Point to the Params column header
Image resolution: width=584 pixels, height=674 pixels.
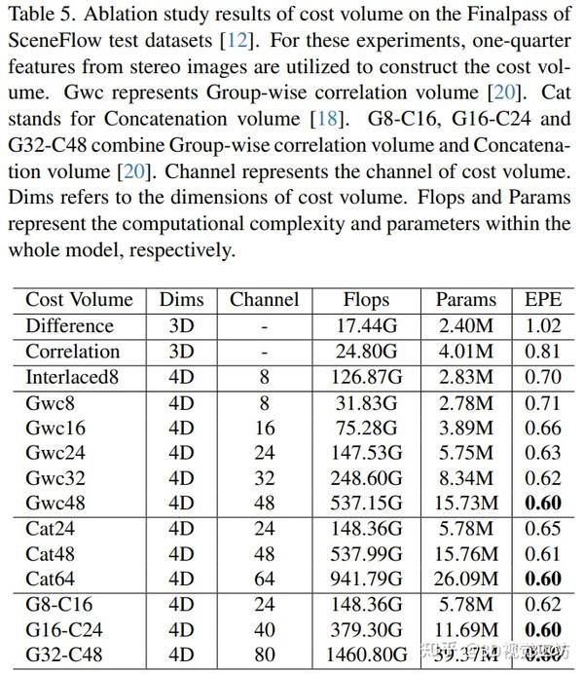(466, 299)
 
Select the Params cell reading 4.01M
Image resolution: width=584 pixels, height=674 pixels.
(466, 351)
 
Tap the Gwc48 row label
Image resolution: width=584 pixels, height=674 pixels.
(54, 503)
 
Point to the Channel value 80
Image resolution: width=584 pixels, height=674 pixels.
(264, 655)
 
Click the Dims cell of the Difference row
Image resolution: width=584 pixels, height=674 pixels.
(182, 325)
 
